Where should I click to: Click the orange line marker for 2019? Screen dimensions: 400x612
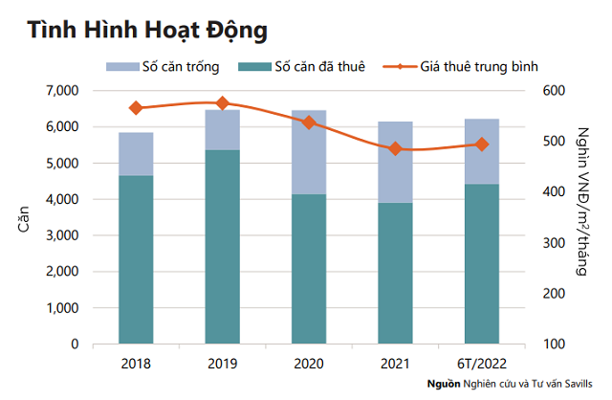[x=222, y=102]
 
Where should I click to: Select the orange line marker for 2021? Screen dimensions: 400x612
[x=395, y=148]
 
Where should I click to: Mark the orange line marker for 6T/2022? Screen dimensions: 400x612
[x=481, y=144]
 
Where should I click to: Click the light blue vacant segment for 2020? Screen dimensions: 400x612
[x=308, y=152]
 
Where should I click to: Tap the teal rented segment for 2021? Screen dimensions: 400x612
[x=395, y=273]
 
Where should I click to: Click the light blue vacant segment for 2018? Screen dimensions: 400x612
[x=136, y=154]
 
